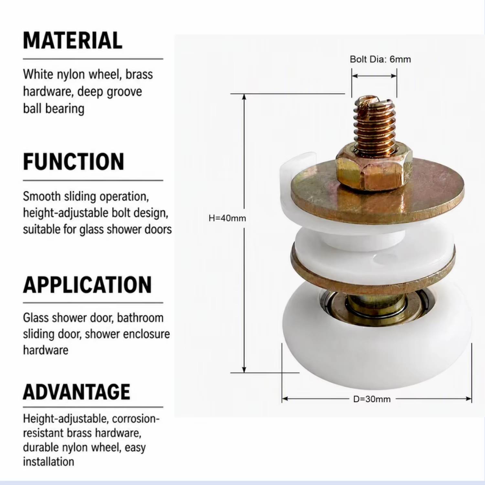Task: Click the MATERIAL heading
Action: [73, 40]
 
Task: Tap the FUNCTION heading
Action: [74, 162]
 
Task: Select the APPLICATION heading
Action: [87, 285]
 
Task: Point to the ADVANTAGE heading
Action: [77, 392]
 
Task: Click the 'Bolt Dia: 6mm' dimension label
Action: [380, 59]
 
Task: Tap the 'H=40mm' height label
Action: [227, 218]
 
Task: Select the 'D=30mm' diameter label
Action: [372, 399]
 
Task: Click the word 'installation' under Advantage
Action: [48, 461]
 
